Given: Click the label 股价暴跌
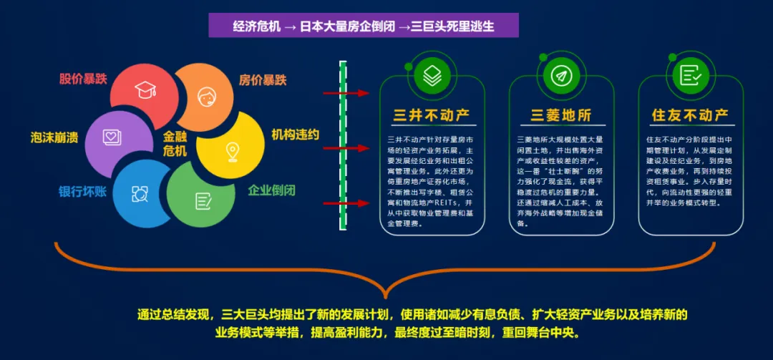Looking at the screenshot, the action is click(83, 79).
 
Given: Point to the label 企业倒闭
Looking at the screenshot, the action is click(271, 190).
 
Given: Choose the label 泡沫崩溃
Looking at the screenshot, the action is click(55, 136).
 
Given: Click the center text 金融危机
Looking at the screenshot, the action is click(175, 143).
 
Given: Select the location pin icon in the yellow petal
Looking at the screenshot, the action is click(232, 151).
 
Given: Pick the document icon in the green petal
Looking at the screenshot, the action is click(203, 201).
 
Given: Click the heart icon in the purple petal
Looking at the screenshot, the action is click(111, 136).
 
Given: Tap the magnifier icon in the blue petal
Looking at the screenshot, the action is click(140, 193).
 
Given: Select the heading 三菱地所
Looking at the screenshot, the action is click(561, 115).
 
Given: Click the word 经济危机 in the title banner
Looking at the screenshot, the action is click(255, 26).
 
